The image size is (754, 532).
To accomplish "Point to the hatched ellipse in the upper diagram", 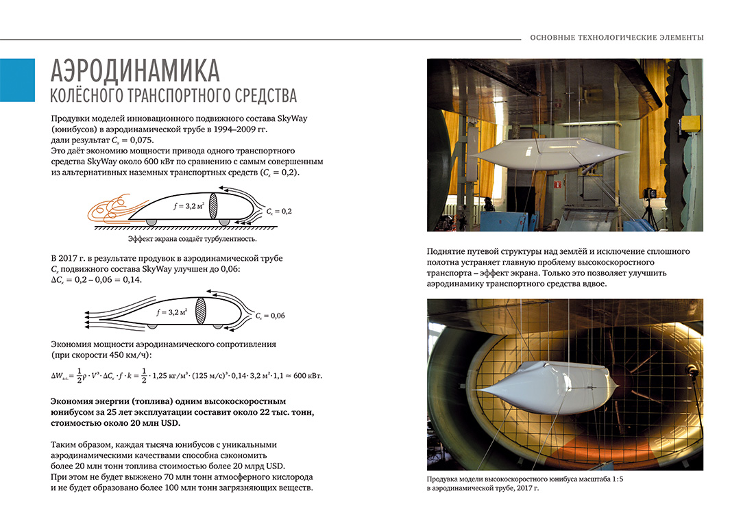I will coord(212,206).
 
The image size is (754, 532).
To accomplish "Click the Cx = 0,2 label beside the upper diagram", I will coord(279,212).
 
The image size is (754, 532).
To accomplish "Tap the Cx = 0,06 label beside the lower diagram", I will coord(269,316).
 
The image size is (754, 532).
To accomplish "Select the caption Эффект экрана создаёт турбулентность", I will coord(192,239).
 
